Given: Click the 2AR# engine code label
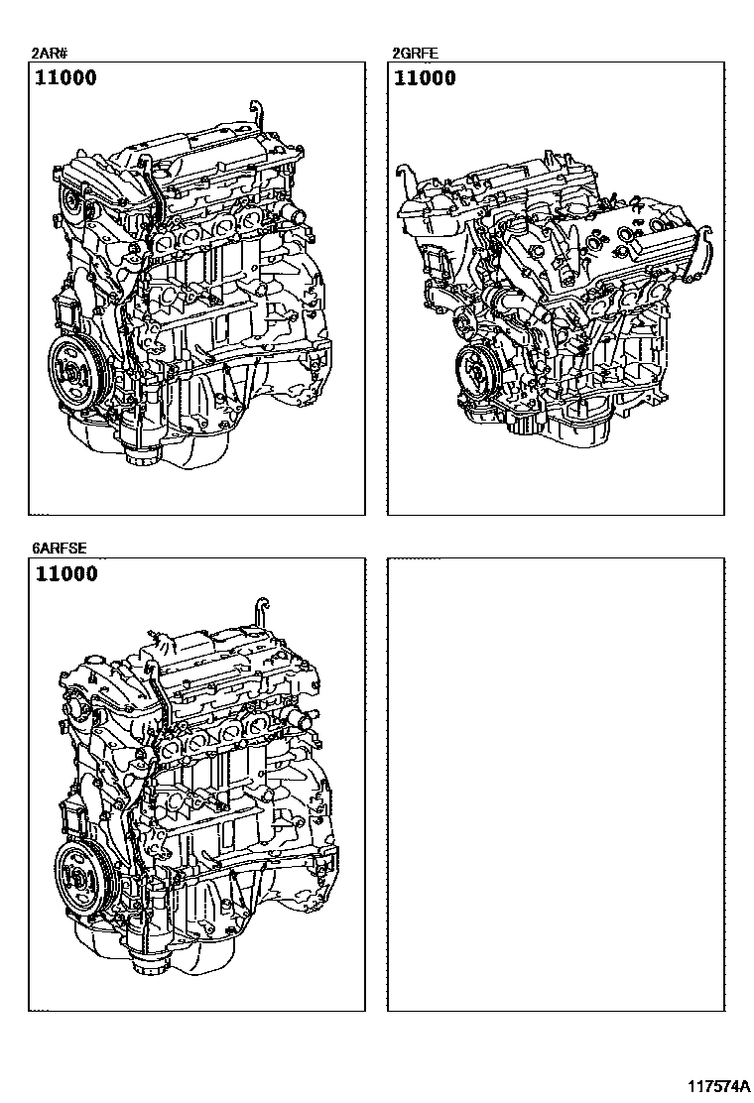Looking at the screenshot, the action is tap(48, 54).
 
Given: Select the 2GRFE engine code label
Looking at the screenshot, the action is tap(415, 54).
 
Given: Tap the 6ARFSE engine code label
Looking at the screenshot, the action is tap(59, 549).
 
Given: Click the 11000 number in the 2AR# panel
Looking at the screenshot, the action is tap(66, 77).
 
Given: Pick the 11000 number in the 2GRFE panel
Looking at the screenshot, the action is tap(425, 77).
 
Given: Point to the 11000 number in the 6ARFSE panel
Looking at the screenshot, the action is tap(66, 573).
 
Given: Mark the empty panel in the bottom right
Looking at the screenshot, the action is tap(556, 785).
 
